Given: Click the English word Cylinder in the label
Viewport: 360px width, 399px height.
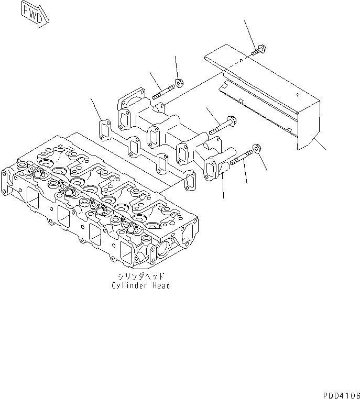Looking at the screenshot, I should [x=127, y=286].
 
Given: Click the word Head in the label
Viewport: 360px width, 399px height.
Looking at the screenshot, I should [x=160, y=286].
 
